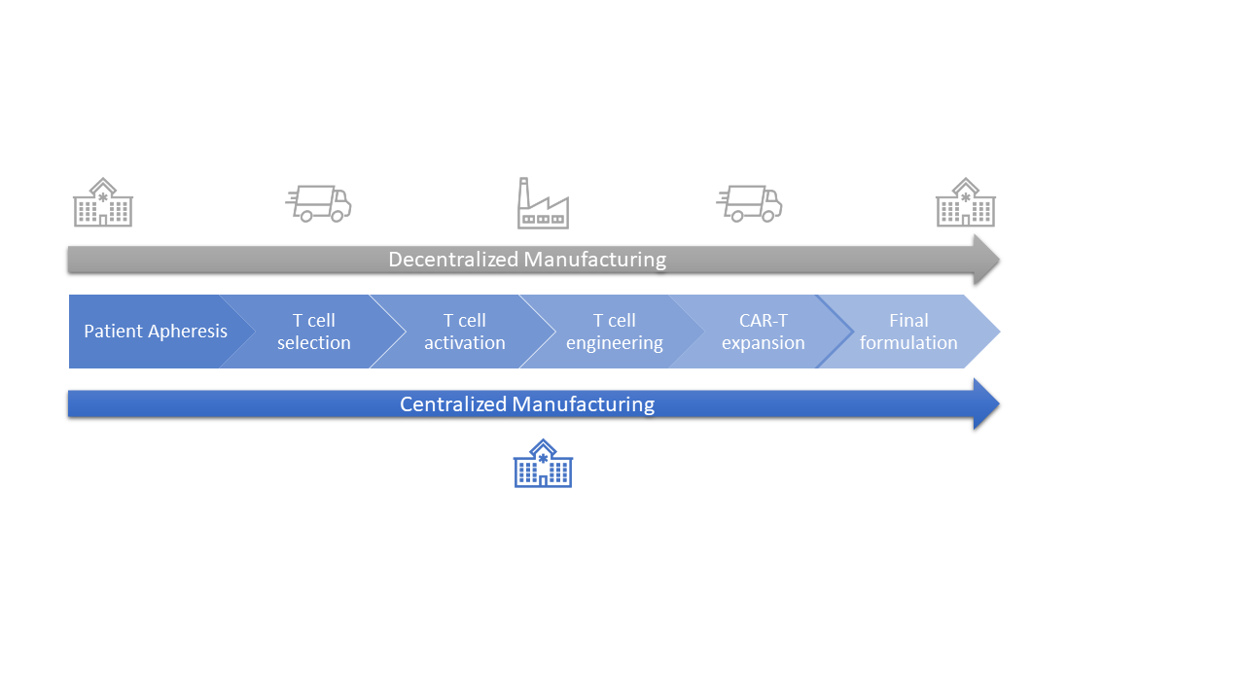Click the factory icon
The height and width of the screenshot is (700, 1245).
point(543,203)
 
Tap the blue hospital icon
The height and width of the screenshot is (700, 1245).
point(543,464)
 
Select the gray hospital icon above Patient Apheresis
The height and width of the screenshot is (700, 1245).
point(103,202)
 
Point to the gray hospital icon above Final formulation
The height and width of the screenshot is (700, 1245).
point(966,202)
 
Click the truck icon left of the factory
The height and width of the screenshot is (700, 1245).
point(318,203)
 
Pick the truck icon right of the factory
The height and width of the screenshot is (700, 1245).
point(749,203)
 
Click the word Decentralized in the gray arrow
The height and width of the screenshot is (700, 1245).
point(453,260)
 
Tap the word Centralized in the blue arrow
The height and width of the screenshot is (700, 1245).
point(453,404)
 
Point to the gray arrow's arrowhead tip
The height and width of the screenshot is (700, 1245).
point(1000,260)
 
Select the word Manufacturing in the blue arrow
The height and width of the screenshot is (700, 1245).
point(583,404)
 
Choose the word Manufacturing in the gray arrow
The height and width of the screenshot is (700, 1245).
point(594,260)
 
